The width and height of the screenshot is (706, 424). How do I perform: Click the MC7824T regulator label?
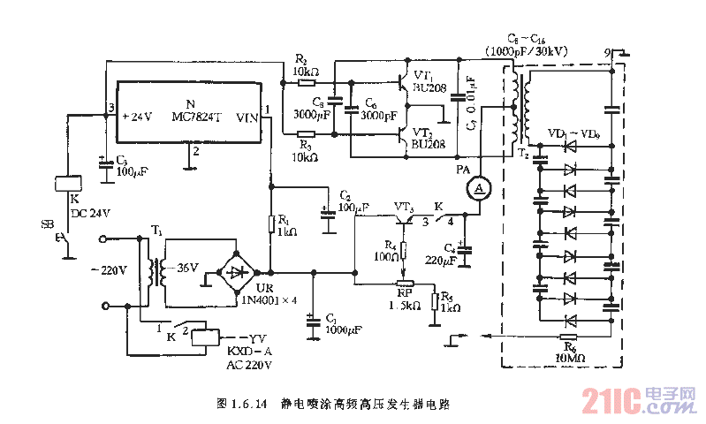tap(190, 116)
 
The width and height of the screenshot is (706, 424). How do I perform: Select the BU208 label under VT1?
tap(430, 89)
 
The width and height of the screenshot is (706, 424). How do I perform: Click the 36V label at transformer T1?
tap(186, 269)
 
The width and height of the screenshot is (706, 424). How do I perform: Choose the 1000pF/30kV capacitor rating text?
tap(526, 52)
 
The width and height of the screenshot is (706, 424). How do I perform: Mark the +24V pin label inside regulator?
tap(137, 117)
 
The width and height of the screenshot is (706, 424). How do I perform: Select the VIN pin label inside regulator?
tap(247, 117)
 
